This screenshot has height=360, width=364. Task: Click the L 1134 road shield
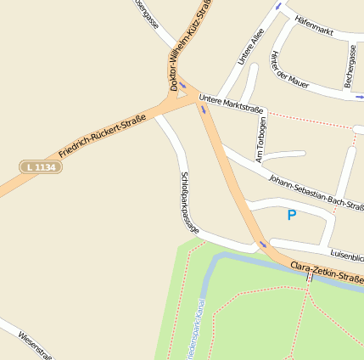tap(41, 167)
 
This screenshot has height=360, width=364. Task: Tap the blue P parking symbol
tap(292, 216)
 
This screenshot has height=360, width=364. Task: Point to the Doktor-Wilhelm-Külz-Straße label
tap(190, 44)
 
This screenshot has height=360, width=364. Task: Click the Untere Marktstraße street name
tap(232, 104)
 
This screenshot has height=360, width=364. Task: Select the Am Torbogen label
tap(260, 138)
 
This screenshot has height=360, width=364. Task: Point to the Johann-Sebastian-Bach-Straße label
tap(316, 193)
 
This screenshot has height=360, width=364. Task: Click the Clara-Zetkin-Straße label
tap(328, 273)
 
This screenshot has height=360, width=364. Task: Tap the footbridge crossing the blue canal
tap(310, 277)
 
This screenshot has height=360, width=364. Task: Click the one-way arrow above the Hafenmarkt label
tap(279, 6)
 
